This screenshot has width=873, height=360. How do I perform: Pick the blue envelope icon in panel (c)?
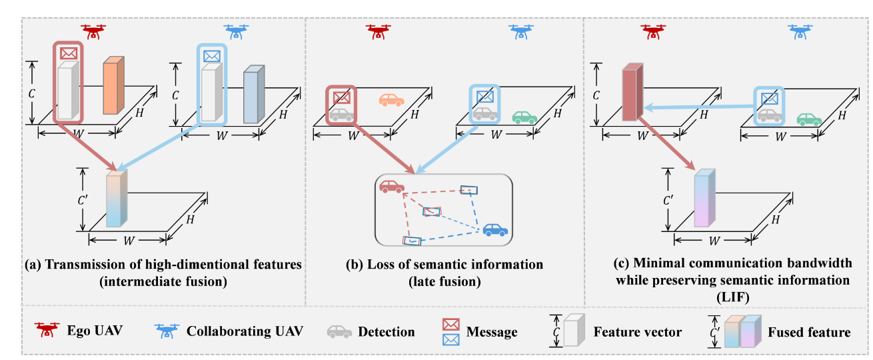770,99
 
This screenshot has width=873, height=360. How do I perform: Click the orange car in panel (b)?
391,100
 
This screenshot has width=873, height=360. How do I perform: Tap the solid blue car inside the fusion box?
495,230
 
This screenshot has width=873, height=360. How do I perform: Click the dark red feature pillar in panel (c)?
631,93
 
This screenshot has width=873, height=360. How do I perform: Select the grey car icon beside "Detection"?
339,331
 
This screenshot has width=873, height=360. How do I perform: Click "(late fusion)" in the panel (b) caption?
444,281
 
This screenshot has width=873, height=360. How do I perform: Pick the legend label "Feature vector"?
638,331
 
